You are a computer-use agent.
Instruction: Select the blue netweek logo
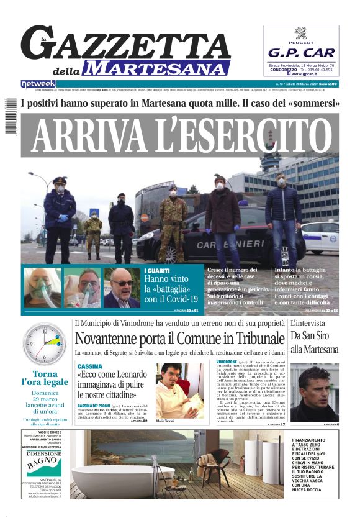point(38,83)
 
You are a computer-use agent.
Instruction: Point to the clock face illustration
point(44,344)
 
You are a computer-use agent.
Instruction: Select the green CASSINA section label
point(90,366)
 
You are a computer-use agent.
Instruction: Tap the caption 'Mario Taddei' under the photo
point(165,421)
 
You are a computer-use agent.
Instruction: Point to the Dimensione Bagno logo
point(43,462)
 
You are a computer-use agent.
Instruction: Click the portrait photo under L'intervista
point(314,393)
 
